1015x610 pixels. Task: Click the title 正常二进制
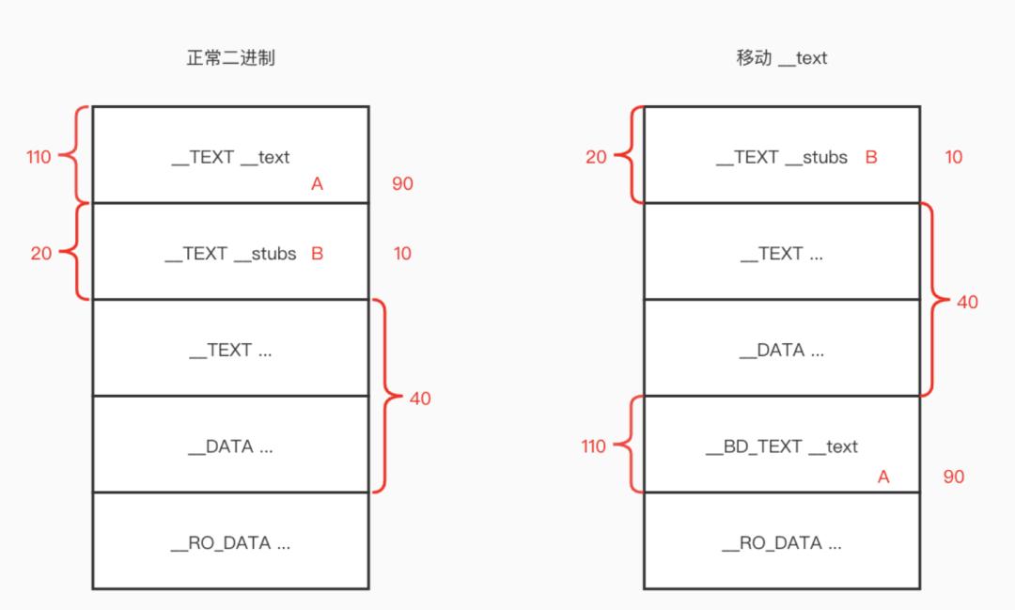[x=230, y=58]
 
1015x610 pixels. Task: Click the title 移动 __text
[x=781, y=58]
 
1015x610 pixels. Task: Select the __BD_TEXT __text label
[x=781, y=446]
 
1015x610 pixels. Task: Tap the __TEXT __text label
[x=230, y=157]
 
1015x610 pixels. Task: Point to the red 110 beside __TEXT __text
[x=39, y=157]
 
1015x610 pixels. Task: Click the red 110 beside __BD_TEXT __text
[x=593, y=446]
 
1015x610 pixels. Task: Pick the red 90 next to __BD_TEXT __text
[x=953, y=477]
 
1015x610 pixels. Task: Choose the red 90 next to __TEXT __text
[x=402, y=183]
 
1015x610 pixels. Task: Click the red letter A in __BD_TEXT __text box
[x=882, y=477]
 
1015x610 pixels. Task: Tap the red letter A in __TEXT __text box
[x=317, y=184]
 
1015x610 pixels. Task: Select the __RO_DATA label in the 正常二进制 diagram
[x=230, y=543]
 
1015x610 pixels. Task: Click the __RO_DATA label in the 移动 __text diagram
[x=781, y=543]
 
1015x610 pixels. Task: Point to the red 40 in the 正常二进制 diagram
[x=420, y=399]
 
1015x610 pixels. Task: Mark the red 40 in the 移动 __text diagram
[x=967, y=302]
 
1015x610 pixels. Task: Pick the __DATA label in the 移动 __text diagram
[x=781, y=351]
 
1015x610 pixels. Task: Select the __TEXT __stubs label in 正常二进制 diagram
[x=230, y=254]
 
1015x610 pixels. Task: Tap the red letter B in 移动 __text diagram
[x=870, y=157]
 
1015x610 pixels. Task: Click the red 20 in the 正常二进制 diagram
[x=41, y=254]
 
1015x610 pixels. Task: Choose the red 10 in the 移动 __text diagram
[x=953, y=157]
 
